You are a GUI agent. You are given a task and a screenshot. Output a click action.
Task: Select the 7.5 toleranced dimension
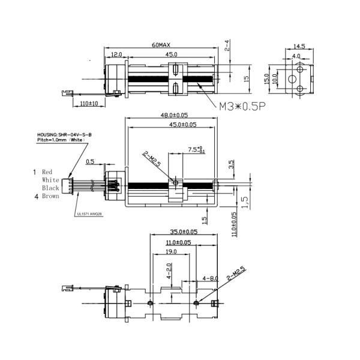194,149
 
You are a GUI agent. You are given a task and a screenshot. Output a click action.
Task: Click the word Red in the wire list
47,172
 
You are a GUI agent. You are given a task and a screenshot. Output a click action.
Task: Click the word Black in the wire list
50,188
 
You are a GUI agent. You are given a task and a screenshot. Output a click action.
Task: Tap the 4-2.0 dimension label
169,273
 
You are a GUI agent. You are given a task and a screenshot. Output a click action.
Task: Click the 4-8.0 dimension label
211,278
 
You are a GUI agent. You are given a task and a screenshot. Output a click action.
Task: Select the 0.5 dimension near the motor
90,161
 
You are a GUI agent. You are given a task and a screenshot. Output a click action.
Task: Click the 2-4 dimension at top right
227,45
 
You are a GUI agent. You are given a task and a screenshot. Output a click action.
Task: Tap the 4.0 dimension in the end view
296,55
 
